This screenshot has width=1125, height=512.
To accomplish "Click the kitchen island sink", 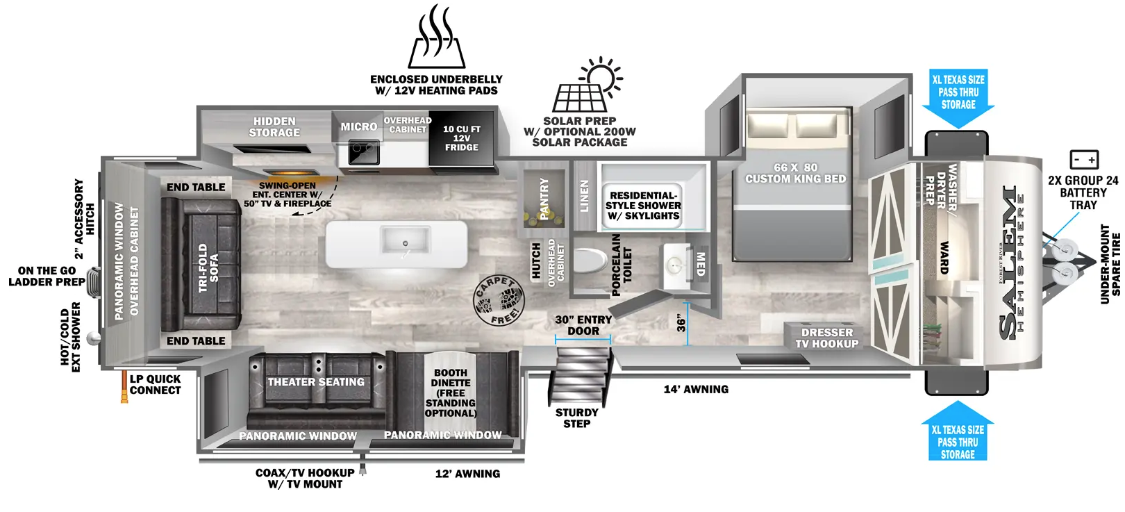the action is (x=405, y=240).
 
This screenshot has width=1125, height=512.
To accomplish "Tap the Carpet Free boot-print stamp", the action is (x=499, y=301).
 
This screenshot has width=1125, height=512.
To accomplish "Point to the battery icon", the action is (x=1084, y=159).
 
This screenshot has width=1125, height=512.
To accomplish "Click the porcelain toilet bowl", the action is (x=590, y=261).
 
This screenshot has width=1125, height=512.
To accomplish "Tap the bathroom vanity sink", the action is (x=676, y=266).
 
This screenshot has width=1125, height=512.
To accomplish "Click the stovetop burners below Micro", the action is (x=363, y=153).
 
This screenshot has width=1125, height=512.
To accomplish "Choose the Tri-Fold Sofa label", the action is (x=208, y=267).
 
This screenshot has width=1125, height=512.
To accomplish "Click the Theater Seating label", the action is (x=316, y=382).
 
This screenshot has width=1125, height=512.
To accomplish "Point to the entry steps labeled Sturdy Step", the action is (x=581, y=376).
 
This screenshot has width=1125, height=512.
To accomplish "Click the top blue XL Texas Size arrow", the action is (x=958, y=98).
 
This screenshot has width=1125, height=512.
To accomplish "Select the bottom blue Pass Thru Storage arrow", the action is (x=957, y=431).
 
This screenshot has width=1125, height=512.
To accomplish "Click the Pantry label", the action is (x=544, y=199).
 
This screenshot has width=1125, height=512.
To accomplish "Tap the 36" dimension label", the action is (x=681, y=324).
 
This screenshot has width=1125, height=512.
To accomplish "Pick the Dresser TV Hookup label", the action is (x=826, y=338).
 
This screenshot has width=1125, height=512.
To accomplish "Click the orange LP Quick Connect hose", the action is (x=124, y=386).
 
